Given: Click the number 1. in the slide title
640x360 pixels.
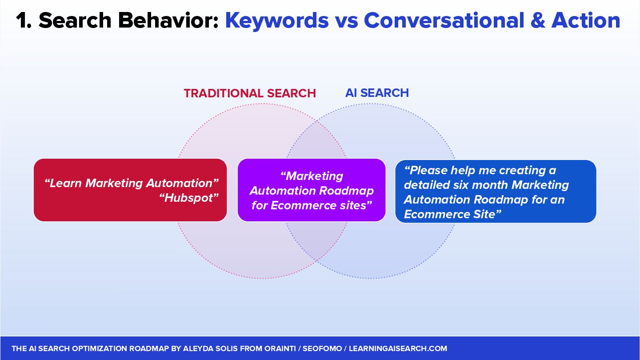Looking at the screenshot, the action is tap(24, 20).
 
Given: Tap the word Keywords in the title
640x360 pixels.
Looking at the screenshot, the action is tap(277, 20).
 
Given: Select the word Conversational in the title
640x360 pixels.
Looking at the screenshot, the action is tap(444, 20).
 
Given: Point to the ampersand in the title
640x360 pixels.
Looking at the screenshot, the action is tap(538, 20).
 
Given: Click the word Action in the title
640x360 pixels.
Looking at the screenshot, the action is tap(586, 20).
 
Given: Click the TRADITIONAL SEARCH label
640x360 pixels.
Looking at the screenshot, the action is tap(250, 93).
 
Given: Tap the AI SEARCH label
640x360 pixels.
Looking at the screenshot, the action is tap(377, 93).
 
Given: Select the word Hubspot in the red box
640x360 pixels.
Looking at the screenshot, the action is tap(188, 198).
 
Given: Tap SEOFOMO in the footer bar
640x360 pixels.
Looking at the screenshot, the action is tap(322, 348).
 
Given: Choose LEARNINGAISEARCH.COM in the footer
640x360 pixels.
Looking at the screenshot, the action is tap(398, 348).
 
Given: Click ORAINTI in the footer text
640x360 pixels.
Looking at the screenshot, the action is tap(280, 348).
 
